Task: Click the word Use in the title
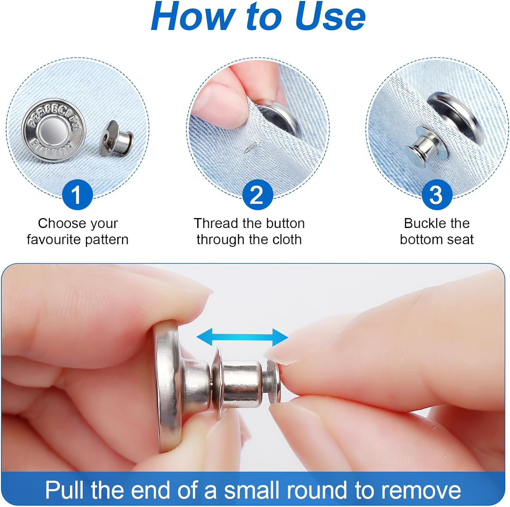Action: [330, 16]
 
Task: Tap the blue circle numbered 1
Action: [77, 195]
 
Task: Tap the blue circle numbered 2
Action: [257, 195]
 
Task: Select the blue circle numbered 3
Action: [437, 195]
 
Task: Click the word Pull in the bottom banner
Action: [65, 490]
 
